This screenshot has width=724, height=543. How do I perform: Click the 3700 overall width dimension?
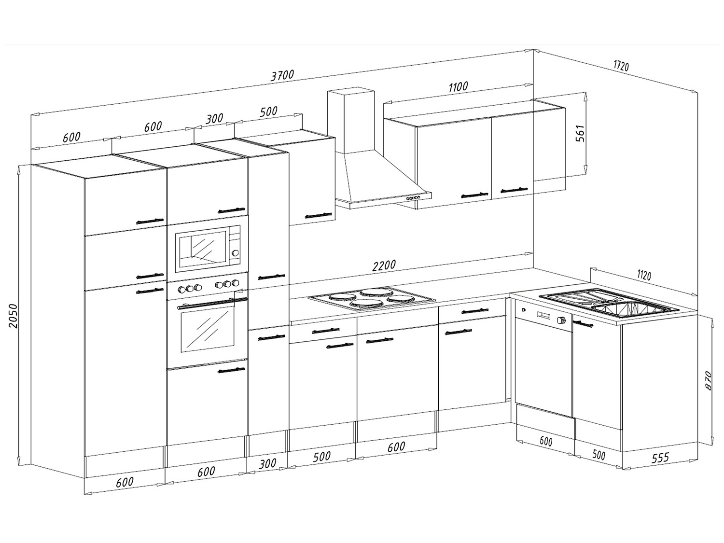282,75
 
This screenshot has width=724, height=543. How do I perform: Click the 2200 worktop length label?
384,265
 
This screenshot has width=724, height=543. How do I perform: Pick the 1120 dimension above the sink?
644,275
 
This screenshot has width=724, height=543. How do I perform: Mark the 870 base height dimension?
708,380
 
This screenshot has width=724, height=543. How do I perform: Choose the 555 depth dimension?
660,457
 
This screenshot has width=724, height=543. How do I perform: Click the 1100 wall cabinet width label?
458,87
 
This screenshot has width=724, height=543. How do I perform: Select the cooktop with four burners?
372,298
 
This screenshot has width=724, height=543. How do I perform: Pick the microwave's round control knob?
236,252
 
